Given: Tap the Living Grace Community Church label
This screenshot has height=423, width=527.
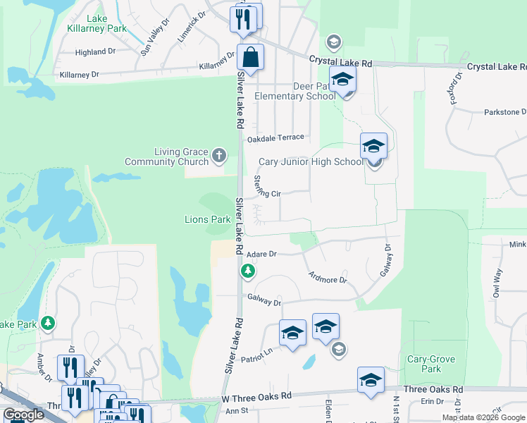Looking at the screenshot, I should point(166,157).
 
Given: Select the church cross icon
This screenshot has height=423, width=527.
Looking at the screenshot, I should point(219,154).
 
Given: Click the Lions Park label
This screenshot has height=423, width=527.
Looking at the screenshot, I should point(208,219).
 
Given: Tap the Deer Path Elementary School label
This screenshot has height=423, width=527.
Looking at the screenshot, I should point(296,91).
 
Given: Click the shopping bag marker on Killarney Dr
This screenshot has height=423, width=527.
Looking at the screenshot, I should point(250,57).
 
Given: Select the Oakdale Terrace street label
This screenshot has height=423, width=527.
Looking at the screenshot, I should point(275,137).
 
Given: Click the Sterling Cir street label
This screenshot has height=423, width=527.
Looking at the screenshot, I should point(268,187).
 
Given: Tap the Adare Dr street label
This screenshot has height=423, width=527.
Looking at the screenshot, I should point(263,253).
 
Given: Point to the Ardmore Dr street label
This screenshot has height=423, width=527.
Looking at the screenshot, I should point(328,276).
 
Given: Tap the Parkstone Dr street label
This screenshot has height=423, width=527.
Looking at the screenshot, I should point(505,112).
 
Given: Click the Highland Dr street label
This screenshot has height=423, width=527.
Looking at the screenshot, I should point(95,51).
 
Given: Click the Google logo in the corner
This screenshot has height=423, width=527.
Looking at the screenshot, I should point(23,415).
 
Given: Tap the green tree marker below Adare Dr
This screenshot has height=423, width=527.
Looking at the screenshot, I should point(247,271).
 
